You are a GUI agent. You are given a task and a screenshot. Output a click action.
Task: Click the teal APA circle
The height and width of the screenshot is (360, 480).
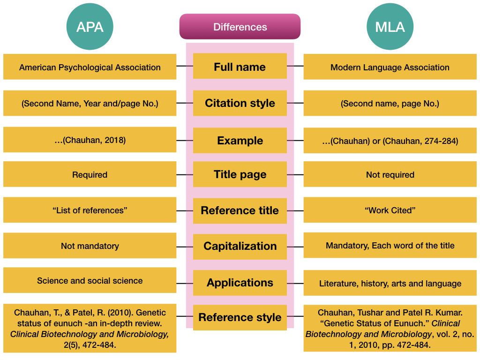[x=90, y=27]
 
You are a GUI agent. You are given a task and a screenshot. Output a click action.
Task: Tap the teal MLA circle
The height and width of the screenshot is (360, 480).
[x=390, y=27]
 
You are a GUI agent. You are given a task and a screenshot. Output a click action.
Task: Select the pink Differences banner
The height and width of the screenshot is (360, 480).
[x=240, y=27]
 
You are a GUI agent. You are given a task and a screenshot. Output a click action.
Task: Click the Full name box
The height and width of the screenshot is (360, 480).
[x=240, y=67]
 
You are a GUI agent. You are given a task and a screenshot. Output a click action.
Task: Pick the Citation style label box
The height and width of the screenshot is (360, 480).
[x=240, y=103]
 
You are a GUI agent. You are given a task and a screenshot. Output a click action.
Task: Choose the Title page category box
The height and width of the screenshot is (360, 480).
[x=240, y=174]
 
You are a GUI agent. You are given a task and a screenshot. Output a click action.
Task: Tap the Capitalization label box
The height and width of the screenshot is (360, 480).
[x=240, y=246]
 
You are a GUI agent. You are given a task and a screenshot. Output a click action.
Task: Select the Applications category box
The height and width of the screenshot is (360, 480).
[x=240, y=283]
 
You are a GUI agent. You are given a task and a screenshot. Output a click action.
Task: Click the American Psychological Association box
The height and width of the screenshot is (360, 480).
[x=90, y=67]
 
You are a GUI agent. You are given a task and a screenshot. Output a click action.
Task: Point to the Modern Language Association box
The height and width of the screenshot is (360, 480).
[x=390, y=67]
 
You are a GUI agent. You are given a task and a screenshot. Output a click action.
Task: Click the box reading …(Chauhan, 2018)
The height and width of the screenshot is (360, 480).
[x=90, y=140]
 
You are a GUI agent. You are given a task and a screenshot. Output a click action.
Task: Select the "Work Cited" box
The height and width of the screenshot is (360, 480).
[x=390, y=210]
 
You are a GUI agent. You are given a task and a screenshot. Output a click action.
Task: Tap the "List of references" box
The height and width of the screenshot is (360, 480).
[x=90, y=210]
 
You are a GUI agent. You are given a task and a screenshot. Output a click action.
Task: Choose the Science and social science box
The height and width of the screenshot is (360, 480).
[x=90, y=281]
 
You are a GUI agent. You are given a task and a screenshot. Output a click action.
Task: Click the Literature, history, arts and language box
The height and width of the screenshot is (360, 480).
[x=390, y=283]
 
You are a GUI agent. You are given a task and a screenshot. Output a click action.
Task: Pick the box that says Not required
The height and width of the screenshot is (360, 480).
[x=390, y=174]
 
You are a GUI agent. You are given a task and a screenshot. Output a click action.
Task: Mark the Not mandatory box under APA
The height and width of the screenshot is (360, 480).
[x=90, y=246]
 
